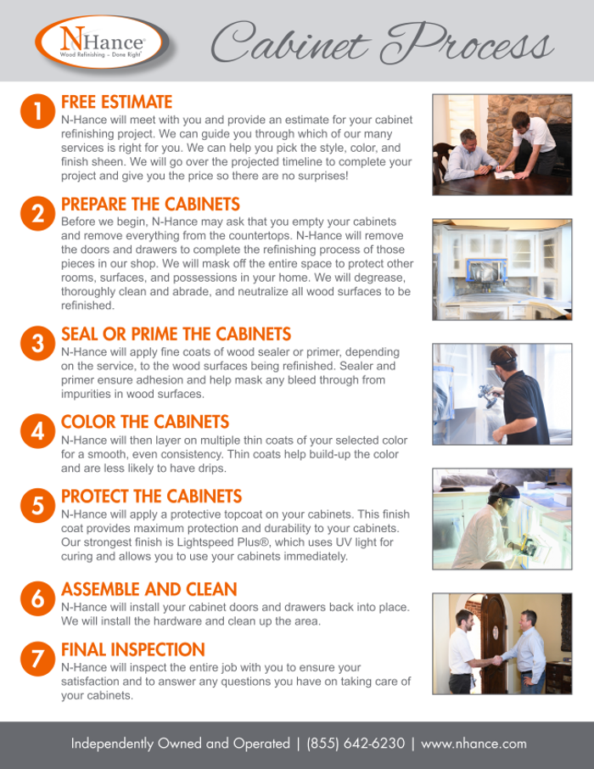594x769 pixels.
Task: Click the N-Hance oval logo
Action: (x=100, y=42)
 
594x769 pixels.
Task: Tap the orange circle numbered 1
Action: (x=38, y=111)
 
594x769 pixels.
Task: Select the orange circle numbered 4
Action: (x=38, y=431)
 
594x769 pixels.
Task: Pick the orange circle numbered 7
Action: (x=38, y=659)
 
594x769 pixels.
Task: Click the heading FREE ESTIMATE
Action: (x=117, y=102)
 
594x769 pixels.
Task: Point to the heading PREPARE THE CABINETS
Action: (x=150, y=204)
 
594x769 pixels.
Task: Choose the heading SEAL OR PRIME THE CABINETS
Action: (x=177, y=334)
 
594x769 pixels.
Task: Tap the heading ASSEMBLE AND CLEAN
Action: (x=149, y=589)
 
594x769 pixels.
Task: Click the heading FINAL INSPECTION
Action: (x=133, y=649)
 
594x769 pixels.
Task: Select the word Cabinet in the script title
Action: (x=290, y=42)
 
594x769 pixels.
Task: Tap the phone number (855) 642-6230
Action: (x=356, y=743)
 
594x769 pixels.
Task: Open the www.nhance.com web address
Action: (x=474, y=744)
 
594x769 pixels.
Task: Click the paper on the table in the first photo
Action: (x=505, y=175)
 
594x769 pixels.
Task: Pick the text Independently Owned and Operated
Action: (x=181, y=744)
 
